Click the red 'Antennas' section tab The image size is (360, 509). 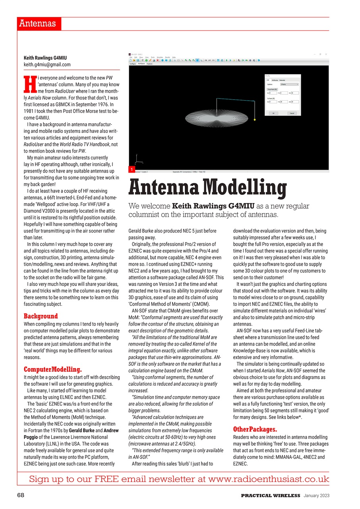[39, 23]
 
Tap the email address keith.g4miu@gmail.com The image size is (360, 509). [47, 64]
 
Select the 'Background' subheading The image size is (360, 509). [41, 316]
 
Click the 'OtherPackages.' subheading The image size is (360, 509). [255, 429]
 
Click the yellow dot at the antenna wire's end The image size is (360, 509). [254, 119]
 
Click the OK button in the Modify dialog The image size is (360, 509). [273, 113]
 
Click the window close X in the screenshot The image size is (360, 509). [326, 54]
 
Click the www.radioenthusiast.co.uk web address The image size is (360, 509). [268, 479]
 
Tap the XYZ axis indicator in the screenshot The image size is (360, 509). [138, 160]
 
